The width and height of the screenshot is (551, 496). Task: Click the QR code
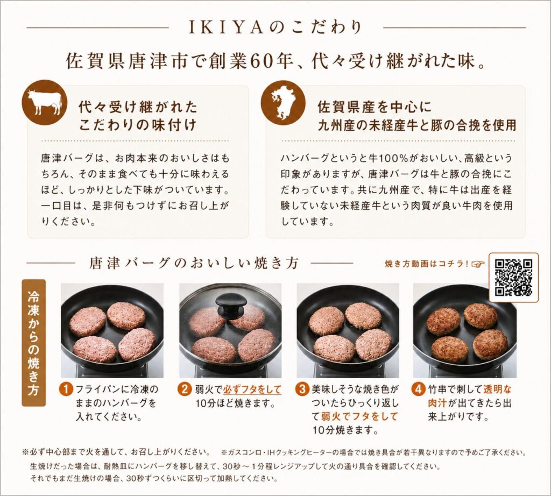click(513, 278)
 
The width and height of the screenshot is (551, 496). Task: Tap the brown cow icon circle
click(44, 103)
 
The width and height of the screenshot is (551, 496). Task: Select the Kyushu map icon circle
click(283, 103)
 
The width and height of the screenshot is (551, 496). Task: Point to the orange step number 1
click(67, 389)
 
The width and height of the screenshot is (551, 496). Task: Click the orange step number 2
click(185, 389)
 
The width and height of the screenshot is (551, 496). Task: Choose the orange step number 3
click(303, 389)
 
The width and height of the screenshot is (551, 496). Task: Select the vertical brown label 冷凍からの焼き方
click(34, 343)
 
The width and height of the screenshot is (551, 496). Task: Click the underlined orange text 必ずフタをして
click(252, 389)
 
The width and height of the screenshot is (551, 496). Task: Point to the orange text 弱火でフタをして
click(359, 416)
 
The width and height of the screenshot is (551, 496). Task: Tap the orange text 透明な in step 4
click(498, 389)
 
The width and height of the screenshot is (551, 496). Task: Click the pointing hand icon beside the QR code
click(478, 264)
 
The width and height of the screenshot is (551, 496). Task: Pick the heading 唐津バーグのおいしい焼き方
click(194, 263)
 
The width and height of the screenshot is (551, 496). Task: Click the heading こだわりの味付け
click(137, 125)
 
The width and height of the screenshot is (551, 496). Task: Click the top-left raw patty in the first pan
click(88, 321)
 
